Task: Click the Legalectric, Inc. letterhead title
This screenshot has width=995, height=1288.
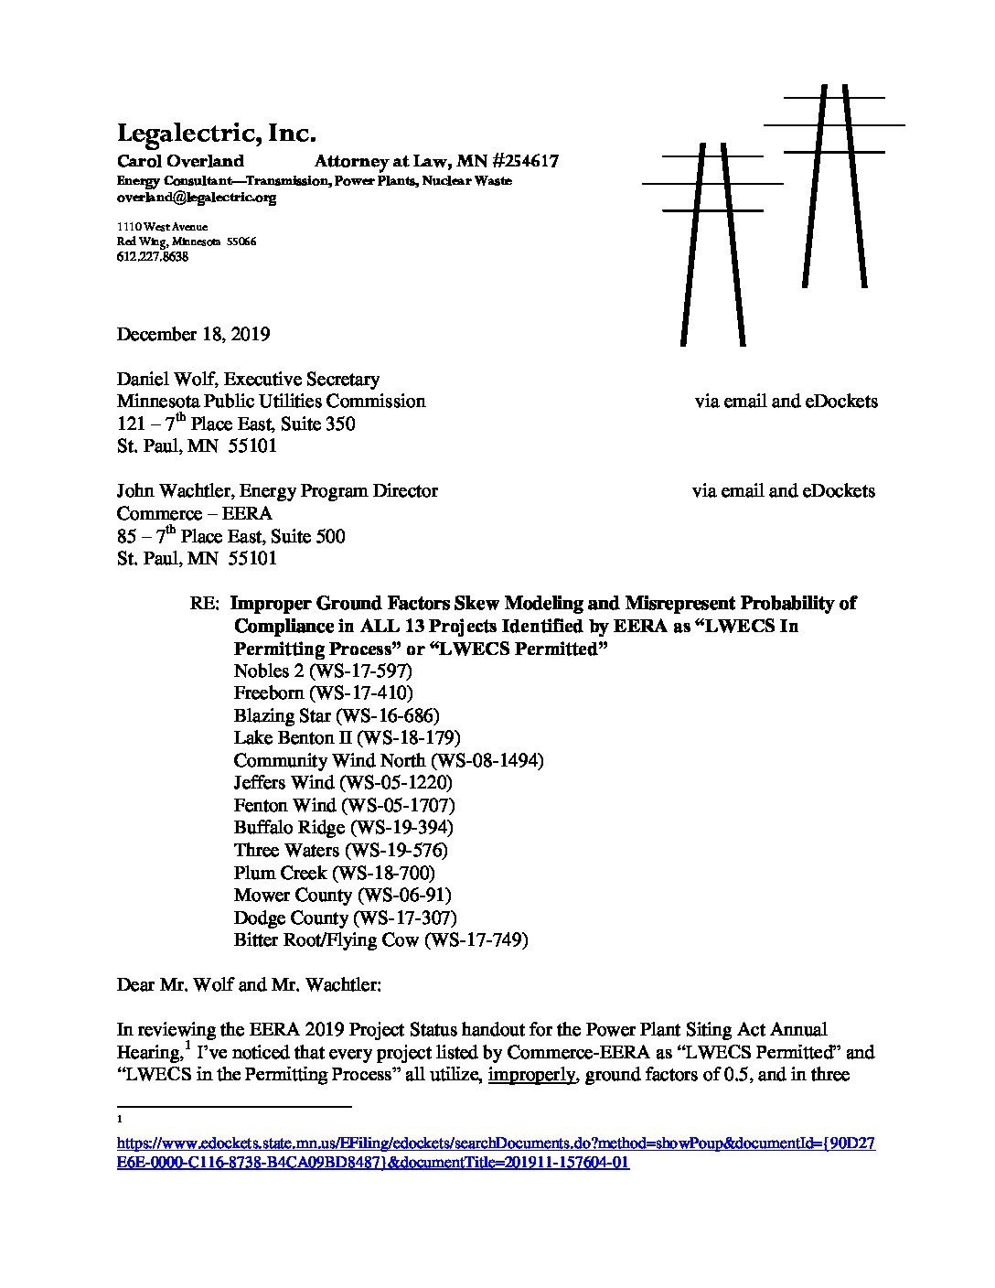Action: click(x=216, y=134)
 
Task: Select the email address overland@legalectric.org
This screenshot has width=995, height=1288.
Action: click(x=196, y=198)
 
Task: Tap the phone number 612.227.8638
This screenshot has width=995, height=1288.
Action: click(x=152, y=257)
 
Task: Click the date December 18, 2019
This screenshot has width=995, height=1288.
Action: click(x=193, y=334)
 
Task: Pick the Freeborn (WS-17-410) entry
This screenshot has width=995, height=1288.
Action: click(x=323, y=693)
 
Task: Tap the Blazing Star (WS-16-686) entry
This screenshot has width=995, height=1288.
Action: click(x=336, y=715)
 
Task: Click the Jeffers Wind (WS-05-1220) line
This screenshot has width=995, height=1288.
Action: click(x=343, y=783)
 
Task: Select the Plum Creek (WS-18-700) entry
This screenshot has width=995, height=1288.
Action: click(x=334, y=873)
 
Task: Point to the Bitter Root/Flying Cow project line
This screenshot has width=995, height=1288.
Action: click(x=380, y=940)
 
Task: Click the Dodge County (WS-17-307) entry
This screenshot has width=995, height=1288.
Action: click(x=345, y=918)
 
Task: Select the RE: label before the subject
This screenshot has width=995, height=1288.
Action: click(x=204, y=605)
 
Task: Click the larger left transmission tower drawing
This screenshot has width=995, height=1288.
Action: click(x=712, y=242)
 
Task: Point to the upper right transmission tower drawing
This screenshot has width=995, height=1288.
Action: click(x=834, y=183)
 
